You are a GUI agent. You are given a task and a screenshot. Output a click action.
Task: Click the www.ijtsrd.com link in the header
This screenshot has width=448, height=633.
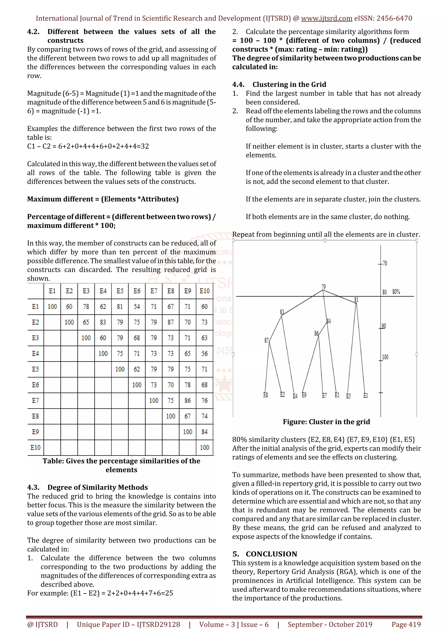point(327,19)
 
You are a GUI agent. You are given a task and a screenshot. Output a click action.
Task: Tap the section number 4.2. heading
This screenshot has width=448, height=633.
point(33,32)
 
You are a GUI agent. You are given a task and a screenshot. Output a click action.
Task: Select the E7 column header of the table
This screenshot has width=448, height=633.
point(154,291)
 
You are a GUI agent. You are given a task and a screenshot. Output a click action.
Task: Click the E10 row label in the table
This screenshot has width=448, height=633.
point(35,448)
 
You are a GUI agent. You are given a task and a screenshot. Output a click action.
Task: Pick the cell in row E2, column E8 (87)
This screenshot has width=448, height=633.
point(171,322)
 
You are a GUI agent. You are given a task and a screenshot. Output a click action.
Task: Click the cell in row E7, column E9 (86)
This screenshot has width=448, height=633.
point(188,401)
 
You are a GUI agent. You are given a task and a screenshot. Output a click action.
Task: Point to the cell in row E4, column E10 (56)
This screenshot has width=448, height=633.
point(205,353)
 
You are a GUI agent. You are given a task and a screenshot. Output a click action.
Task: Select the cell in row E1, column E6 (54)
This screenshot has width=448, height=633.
point(137,307)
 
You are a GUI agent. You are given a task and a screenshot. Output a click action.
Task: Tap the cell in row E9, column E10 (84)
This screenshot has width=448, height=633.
point(205,432)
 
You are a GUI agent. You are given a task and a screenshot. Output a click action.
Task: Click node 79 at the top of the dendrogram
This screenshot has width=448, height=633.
point(324,287)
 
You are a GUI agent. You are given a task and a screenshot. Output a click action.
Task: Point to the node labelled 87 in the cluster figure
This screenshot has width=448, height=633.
point(266,341)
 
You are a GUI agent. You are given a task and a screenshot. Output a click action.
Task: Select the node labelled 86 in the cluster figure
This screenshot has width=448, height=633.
point(316,334)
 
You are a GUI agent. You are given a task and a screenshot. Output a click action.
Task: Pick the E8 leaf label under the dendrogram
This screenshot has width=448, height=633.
point(266,395)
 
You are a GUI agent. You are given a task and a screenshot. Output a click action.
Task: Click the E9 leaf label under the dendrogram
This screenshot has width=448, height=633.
point(304,395)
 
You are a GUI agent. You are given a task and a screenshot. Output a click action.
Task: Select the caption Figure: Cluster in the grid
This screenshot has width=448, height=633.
point(326,422)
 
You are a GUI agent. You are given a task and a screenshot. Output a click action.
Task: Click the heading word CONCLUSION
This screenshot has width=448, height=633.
point(271,554)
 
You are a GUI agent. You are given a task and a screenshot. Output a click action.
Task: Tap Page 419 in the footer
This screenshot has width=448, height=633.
point(406,624)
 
